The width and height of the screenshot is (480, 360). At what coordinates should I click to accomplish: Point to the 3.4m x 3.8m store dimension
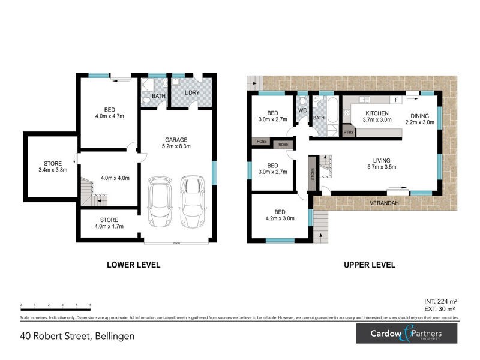(x=51, y=170)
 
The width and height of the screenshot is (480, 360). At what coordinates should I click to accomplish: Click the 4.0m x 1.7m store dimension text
(x=109, y=226)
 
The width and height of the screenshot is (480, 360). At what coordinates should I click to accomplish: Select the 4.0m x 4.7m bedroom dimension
(x=109, y=116)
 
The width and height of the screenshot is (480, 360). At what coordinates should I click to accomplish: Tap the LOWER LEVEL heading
(x=133, y=265)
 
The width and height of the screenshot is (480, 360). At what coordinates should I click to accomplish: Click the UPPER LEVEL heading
(x=369, y=265)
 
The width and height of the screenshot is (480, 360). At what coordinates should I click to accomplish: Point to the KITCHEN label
(x=376, y=113)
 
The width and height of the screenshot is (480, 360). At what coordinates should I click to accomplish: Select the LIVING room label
(x=382, y=160)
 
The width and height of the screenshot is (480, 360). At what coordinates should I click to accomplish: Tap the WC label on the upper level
(x=302, y=110)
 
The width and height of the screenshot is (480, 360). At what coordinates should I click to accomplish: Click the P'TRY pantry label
(x=348, y=132)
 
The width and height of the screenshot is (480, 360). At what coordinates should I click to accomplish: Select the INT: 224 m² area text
(x=441, y=301)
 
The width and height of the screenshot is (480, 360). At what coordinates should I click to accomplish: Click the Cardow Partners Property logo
(x=407, y=333)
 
